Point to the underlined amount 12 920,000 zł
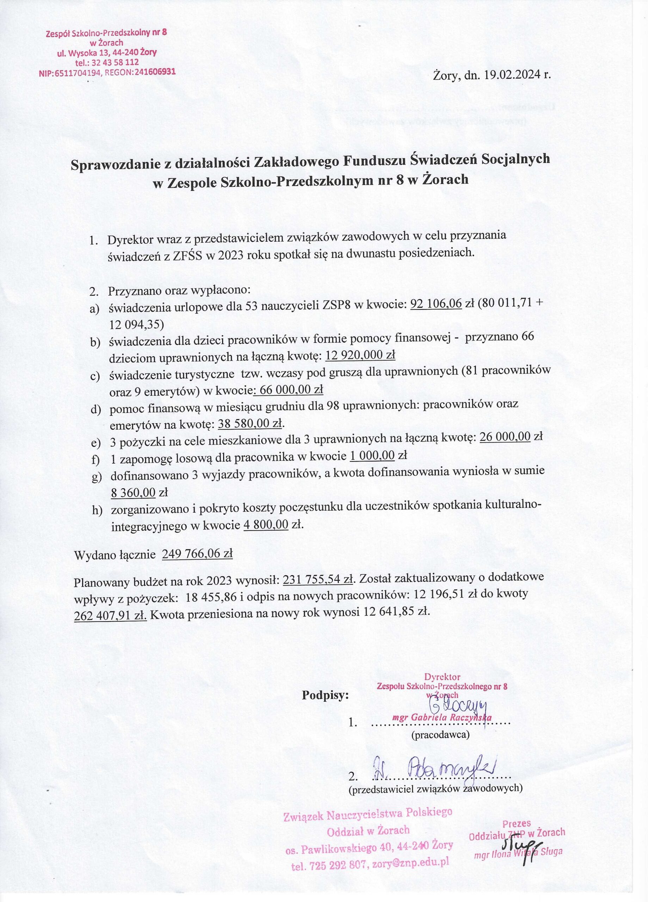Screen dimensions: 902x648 360,355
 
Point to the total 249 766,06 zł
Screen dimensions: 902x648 198,554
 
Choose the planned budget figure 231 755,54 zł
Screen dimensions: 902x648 318,581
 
